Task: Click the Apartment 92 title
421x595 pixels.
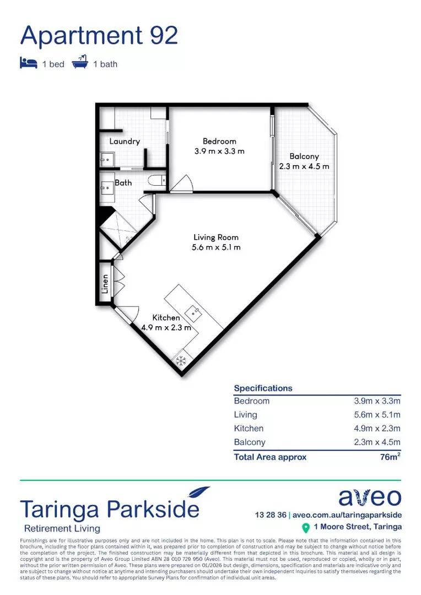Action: [99, 36]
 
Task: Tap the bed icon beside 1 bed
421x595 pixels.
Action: [29, 63]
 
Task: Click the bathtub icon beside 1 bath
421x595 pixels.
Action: [79, 63]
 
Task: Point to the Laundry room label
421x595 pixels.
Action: [125, 142]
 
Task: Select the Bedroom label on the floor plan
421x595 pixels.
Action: [219, 142]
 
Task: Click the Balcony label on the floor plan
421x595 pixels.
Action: [304, 156]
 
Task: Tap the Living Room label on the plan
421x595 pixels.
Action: [213, 237]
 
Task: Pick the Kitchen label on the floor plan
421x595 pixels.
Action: [166, 318]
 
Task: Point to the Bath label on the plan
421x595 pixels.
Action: [123, 182]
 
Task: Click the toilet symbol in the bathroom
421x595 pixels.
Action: [156, 181]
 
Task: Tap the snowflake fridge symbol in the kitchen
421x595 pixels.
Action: [180, 361]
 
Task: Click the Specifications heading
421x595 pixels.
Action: [263, 388]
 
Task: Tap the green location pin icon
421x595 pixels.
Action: [306, 528]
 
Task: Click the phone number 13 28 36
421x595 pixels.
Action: [271, 515]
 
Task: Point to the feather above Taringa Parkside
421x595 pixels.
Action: [198, 491]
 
